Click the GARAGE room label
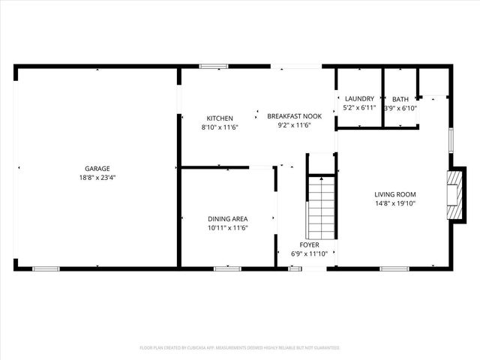click(97, 169)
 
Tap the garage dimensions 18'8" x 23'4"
click(97, 178)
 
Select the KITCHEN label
click(220, 118)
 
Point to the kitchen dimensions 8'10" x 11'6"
click(220, 127)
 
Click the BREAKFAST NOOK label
click(294, 116)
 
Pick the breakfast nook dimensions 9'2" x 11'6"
click(294, 125)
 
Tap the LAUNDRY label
click(359, 99)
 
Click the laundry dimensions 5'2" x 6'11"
click(359, 108)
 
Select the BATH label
click(400, 99)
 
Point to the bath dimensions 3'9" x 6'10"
click(400, 108)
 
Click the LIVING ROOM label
click(395, 194)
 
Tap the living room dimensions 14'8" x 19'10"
click(395, 203)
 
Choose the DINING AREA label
click(227, 219)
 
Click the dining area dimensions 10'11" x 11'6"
click(227, 228)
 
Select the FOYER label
click(309, 244)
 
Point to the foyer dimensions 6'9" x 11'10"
click(309, 253)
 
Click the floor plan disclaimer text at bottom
click(240, 348)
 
